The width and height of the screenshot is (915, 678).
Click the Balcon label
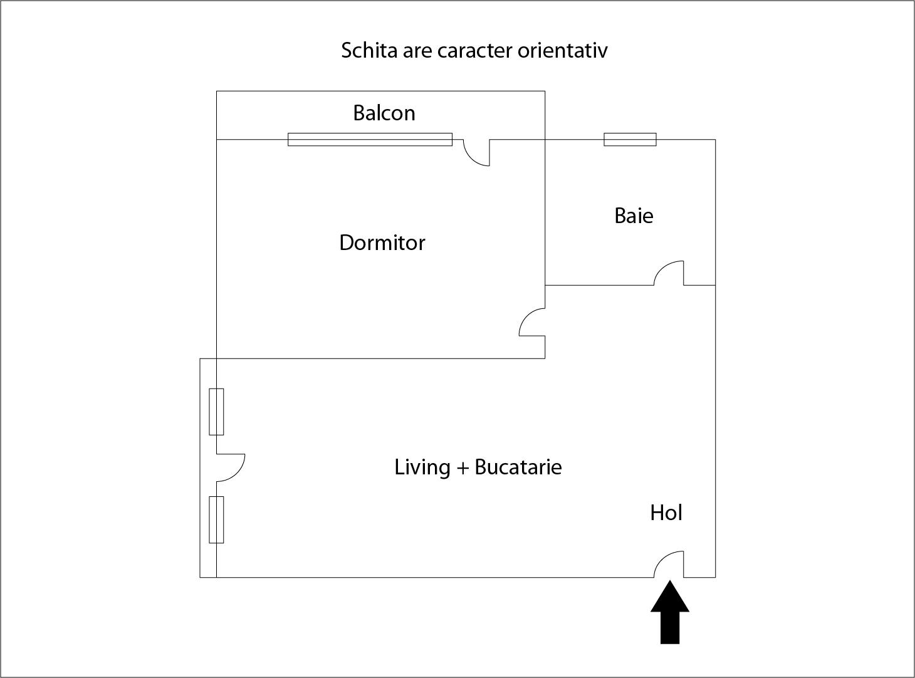tap(384, 113)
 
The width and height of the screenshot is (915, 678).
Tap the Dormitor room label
tap(382, 243)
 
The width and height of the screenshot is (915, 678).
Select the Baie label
tap(634, 216)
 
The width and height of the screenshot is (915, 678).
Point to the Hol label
tap(666, 513)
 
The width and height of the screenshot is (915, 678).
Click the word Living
tap(422, 467)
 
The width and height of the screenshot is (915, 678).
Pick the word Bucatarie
tap(518, 467)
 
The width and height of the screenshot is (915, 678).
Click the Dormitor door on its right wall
tap(532, 322)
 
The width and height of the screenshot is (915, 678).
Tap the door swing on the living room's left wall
tap(230, 467)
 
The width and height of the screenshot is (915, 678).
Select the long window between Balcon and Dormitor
tap(370, 139)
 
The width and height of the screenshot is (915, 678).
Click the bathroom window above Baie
tap(630, 139)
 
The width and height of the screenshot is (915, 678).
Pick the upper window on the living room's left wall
tap(216, 412)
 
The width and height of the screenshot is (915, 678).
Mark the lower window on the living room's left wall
tap(216, 519)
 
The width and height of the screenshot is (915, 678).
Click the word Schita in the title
tap(360, 50)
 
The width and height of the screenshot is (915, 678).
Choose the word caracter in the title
tap(474, 50)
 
